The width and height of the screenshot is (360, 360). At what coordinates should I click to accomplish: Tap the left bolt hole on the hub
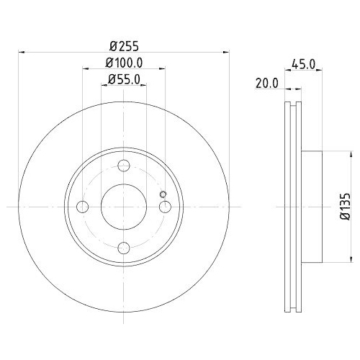tap(83, 207)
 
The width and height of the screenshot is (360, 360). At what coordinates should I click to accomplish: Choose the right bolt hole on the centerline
tap(166, 207)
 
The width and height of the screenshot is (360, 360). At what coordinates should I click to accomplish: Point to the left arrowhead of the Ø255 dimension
tap(20, 52)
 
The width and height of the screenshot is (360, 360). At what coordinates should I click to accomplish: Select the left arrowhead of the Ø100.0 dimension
tap(85, 69)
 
